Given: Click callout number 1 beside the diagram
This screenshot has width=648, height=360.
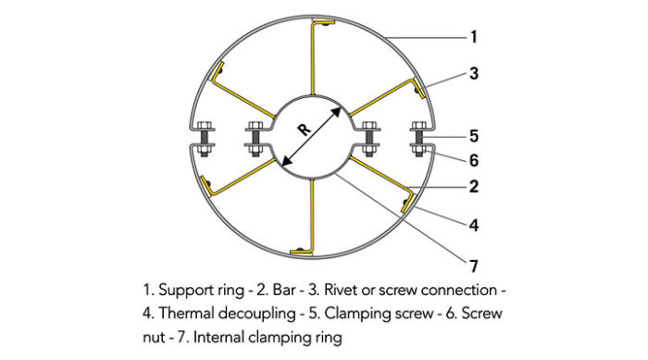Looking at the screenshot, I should click(473, 37).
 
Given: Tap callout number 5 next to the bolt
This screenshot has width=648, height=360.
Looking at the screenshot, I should click(473, 134).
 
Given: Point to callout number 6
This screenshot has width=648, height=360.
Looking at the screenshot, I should click(473, 159).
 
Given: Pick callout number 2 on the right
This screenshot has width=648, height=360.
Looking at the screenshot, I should click(473, 186).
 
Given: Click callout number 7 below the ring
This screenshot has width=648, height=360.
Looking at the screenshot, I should click(473, 266).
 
